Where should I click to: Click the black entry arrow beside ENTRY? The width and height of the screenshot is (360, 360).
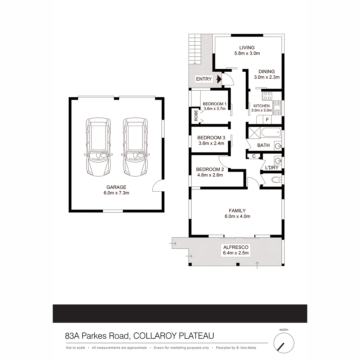(x=219, y=79)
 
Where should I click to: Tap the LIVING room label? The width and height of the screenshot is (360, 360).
(x=247, y=48)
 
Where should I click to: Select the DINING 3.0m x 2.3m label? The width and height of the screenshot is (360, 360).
(x=267, y=74)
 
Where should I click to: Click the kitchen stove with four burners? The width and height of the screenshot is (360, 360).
(x=267, y=96)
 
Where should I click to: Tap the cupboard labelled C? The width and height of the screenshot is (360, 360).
(x=254, y=156)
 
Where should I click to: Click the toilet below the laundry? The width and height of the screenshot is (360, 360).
(x=276, y=180)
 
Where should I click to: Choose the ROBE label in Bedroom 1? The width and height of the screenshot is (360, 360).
(x=196, y=115)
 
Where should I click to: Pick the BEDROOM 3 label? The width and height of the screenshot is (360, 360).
(x=211, y=138)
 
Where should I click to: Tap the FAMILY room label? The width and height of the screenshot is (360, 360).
(x=237, y=211)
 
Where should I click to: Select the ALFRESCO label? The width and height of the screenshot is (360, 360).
(x=236, y=247)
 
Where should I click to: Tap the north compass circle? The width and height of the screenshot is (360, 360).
(x=284, y=343)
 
